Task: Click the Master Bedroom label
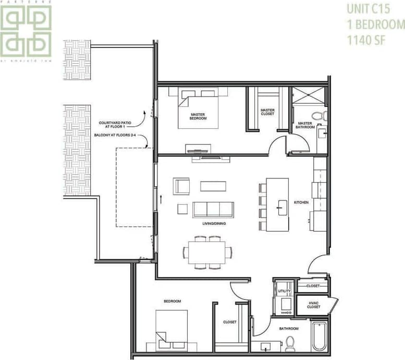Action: coord(198,116)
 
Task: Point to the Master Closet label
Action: coord(267,112)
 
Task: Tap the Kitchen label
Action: coord(301,202)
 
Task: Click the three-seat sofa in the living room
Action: coord(213,209)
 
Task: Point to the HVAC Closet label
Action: coord(314,306)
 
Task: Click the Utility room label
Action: coord(284,291)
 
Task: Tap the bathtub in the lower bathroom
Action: coord(319,336)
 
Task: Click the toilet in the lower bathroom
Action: coord(290,344)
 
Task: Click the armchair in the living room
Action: coord(182,186)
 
